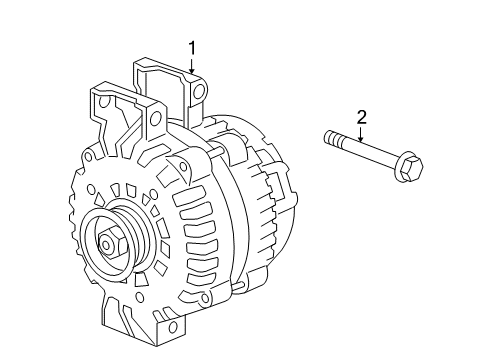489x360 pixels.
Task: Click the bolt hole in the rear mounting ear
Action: coord(200,93)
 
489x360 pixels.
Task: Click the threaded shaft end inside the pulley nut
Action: coord(106,241)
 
